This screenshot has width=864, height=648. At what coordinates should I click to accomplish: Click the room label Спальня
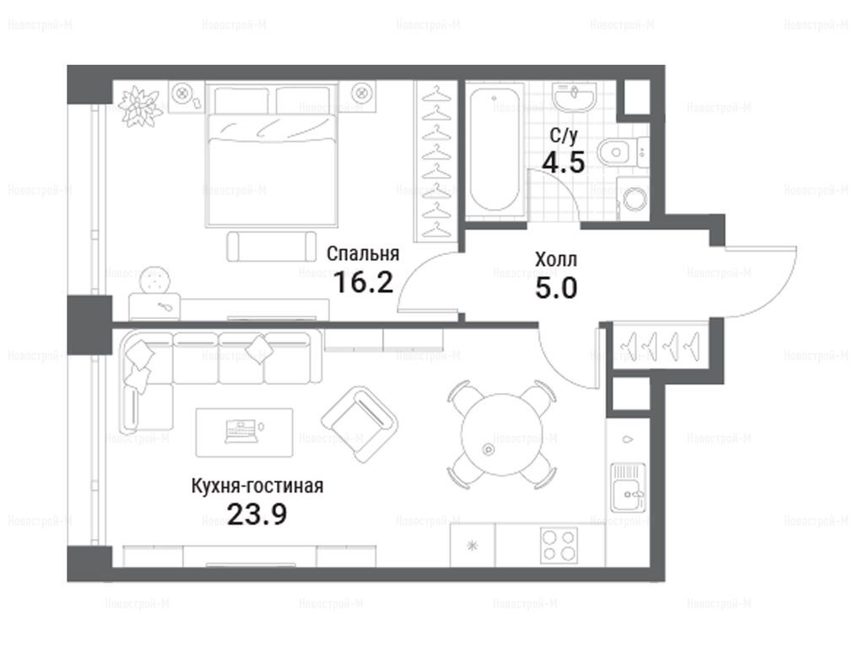363,254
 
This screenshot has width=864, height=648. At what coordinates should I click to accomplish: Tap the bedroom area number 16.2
363,283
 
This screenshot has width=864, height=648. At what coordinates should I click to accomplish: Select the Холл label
556,260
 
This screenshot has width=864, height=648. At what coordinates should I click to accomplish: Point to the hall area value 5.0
556,289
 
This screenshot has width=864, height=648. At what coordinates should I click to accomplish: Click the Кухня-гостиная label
257,486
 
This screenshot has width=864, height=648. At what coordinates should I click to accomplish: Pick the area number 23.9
256,515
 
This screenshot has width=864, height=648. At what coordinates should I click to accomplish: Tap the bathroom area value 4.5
563,163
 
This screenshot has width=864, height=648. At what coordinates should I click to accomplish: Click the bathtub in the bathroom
494,151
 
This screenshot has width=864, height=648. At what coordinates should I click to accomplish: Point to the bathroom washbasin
575,98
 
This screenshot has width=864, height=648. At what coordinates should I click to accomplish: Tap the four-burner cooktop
559,545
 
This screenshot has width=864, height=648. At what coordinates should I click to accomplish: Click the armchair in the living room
359,424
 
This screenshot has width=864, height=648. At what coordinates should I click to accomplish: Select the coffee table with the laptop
244,433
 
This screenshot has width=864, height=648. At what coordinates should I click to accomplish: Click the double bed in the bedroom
272,155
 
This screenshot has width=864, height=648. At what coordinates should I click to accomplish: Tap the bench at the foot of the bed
272,246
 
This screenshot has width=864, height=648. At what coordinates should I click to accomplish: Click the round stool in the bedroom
155,282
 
